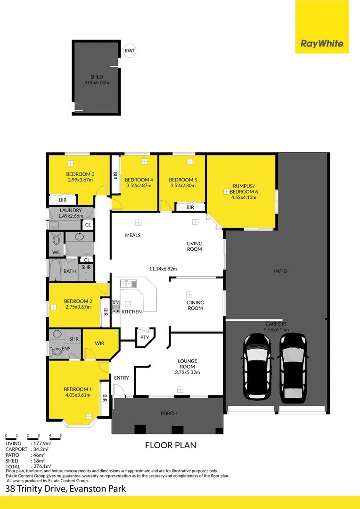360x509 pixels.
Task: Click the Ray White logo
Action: tap(322, 44)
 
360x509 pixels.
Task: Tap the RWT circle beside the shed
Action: tap(129, 51)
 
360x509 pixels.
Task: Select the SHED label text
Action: tap(97, 77)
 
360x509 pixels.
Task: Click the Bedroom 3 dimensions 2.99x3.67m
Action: tap(80, 180)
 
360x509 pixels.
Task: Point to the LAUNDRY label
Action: tap(71, 210)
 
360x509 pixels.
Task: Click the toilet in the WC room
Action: tap(57, 238)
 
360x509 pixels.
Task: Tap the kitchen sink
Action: tap(128, 284)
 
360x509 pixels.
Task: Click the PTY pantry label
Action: tap(144, 337)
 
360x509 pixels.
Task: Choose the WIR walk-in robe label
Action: tap(99, 344)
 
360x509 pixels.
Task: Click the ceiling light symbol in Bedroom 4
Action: tap(143, 162)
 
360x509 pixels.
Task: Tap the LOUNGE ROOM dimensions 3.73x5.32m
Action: tap(187, 372)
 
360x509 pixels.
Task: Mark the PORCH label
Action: tap(168, 413)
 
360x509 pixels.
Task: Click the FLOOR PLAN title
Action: tap(170, 445)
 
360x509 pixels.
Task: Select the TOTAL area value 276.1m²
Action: tap(41, 467)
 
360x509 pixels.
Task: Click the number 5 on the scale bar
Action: tap(60, 435)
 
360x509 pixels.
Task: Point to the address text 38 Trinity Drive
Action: tap(36, 489)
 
